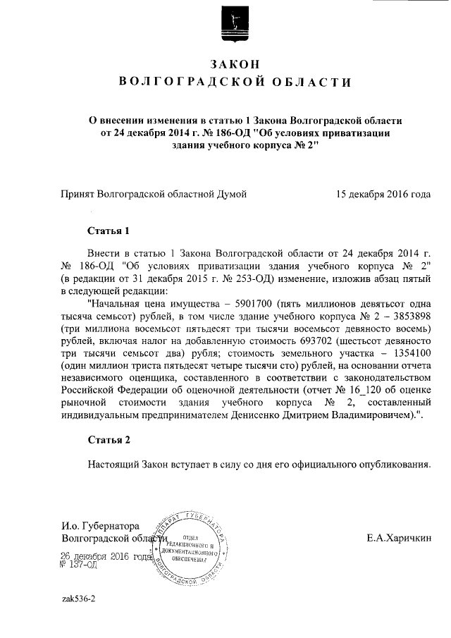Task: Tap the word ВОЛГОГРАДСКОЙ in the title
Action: pos(178,83)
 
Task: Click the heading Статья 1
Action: pos(109,231)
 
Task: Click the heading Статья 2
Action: pos(109,441)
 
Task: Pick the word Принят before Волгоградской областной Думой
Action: pos(78,192)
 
